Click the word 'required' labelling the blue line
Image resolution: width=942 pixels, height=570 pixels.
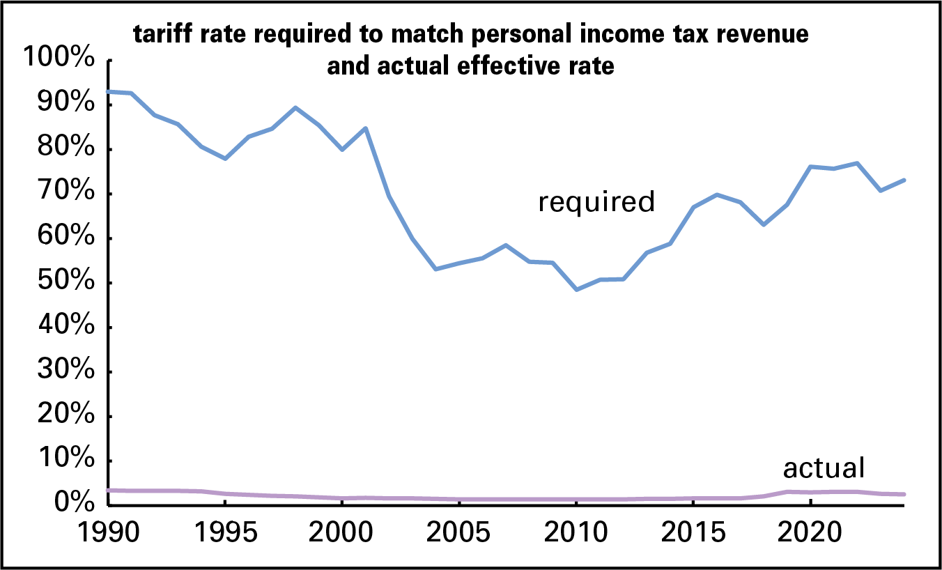tap(596, 202)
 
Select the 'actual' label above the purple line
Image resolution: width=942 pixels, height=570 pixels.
tap(824, 468)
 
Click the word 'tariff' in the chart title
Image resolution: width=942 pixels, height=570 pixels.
tap(161, 35)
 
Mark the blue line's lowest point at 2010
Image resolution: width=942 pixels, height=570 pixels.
tap(576, 289)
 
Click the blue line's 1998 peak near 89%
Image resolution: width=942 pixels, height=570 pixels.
tap(295, 108)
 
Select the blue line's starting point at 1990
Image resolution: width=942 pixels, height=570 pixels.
tap(108, 91)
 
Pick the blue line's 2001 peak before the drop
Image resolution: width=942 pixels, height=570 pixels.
tap(365, 128)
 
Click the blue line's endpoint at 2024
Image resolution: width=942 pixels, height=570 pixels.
tap(904, 180)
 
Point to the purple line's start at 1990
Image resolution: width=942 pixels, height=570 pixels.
tap(108, 491)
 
